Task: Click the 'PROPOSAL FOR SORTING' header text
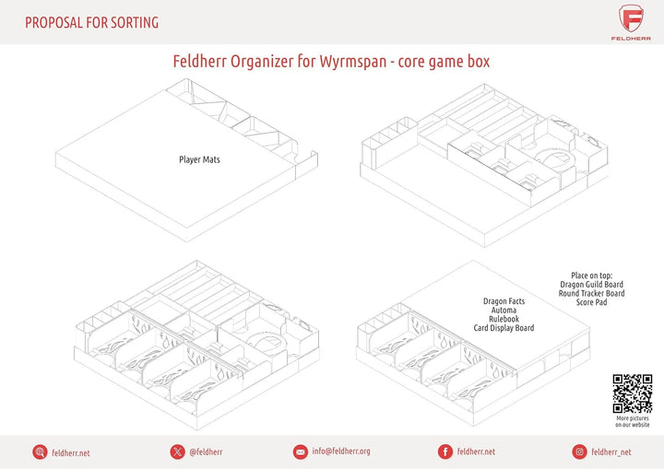pyautogui.click(x=91, y=22)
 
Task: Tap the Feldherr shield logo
pyautogui.click(x=631, y=18)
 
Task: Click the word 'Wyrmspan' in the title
pyautogui.click(x=353, y=62)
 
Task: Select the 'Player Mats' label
pyautogui.click(x=199, y=159)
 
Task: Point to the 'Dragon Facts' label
pyautogui.click(x=504, y=301)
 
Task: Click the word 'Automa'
pyautogui.click(x=504, y=310)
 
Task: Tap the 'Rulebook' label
pyautogui.click(x=504, y=319)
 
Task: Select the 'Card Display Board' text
pyautogui.click(x=504, y=328)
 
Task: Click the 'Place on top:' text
pyautogui.click(x=591, y=276)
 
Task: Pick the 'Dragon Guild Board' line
pyautogui.click(x=591, y=284)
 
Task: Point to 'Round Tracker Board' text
pyautogui.click(x=591, y=293)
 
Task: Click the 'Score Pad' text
pyautogui.click(x=591, y=302)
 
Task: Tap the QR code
pyautogui.click(x=633, y=393)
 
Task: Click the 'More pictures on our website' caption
pyautogui.click(x=633, y=421)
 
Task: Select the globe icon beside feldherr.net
pyautogui.click(x=40, y=452)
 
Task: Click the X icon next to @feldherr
pyautogui.click(x=177, y=451)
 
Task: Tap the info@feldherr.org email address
pyautogui.click(x=341, y=451)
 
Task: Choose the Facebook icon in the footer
pyautogui.click(x=445, y=451)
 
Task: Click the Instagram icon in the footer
pyautogui.click(x=579, y=451)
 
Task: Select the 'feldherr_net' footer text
pyautogui.click(x=611, y=452)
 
